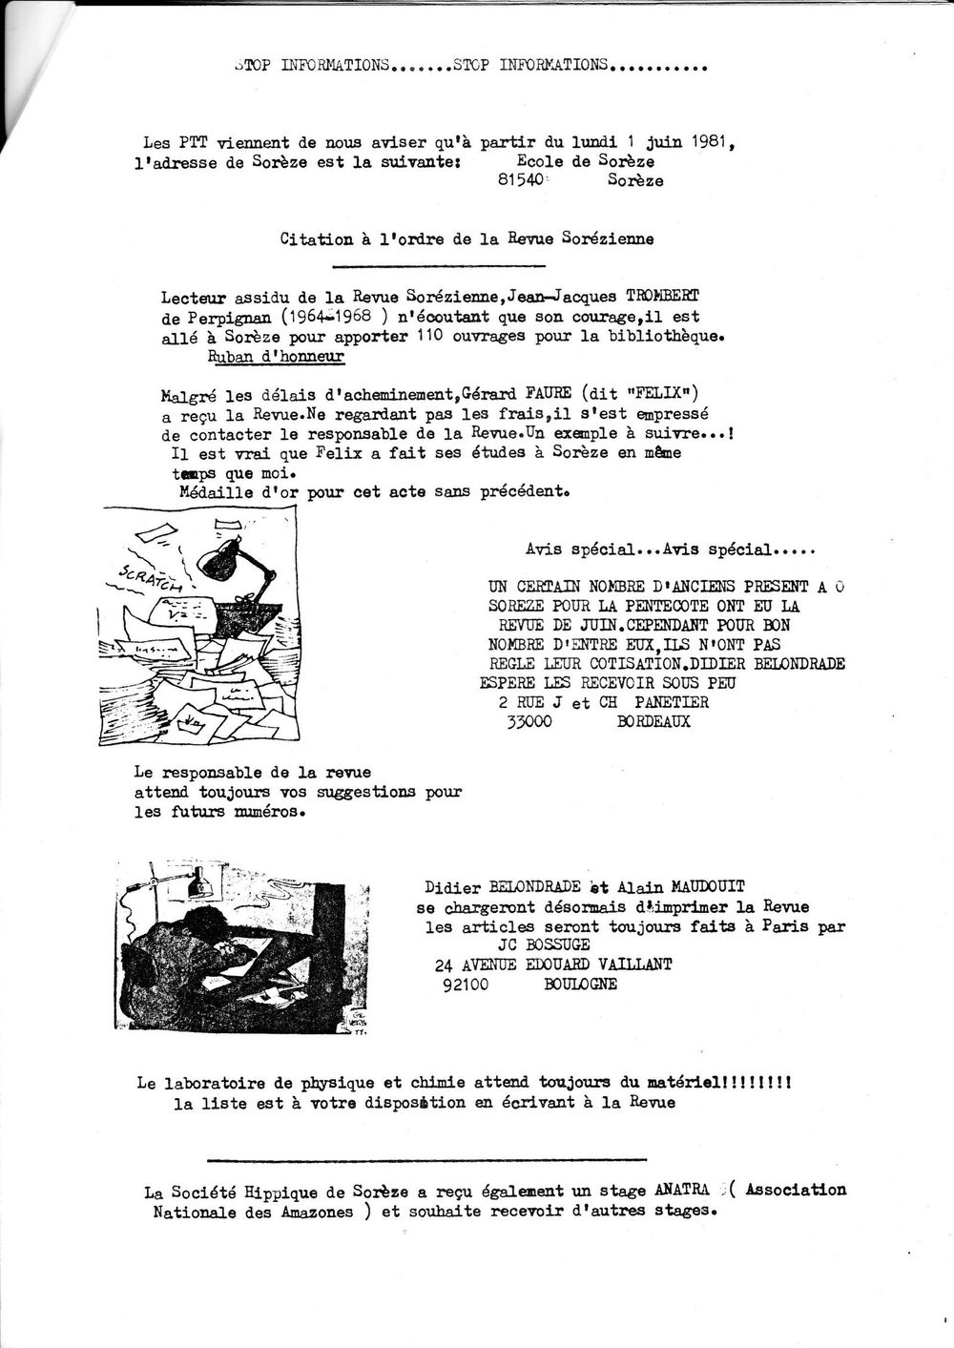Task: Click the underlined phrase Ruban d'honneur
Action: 276,356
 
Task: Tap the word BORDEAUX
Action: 653,722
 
